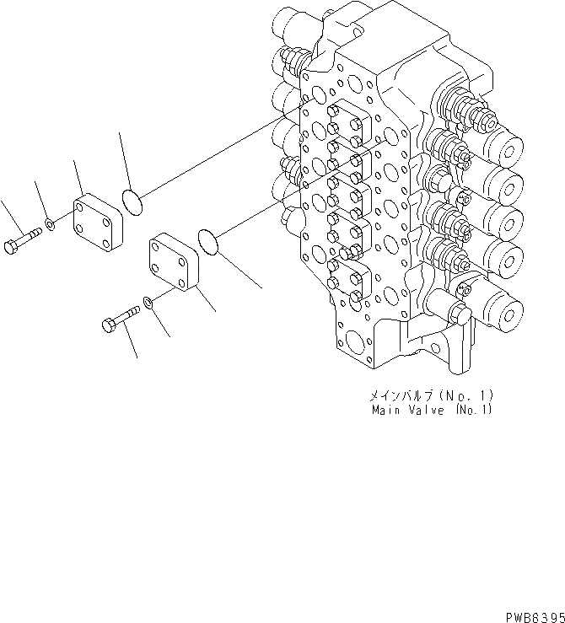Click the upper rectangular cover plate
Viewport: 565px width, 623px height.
coord(96,221)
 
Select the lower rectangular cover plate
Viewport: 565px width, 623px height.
coord(175,261)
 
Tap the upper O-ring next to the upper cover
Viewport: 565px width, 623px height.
coord(132,201)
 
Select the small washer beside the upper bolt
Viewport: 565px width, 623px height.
coord(51,225)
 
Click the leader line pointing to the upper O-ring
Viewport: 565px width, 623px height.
coord(122,160)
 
